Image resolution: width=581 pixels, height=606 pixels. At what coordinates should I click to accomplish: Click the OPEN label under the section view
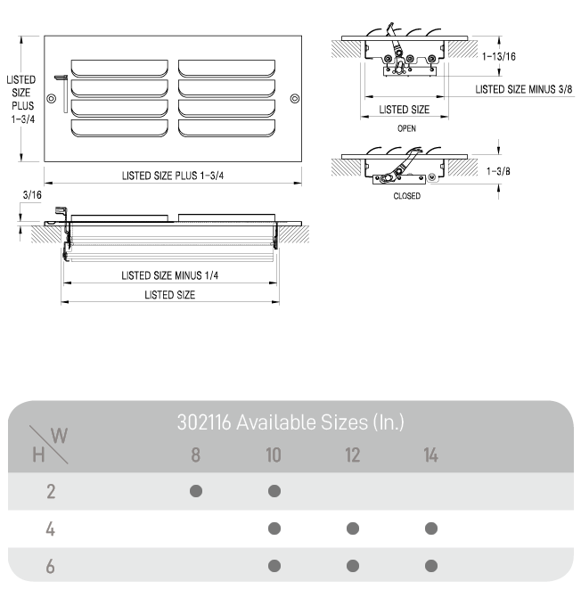(406, 128)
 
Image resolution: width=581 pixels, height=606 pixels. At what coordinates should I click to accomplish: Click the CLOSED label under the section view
(406, 196)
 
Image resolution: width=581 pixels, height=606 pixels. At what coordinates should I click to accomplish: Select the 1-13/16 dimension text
(499, 56)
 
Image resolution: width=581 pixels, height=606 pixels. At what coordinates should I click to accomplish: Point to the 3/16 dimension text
(31, 193)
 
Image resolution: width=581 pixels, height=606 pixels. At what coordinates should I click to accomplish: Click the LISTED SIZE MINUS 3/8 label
(523, 89)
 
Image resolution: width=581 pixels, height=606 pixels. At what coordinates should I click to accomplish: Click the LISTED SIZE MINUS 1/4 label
(169, 275)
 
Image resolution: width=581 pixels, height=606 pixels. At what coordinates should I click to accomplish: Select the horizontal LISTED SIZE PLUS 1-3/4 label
(173, 176)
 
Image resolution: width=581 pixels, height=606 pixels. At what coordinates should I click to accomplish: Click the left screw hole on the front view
(51, 98)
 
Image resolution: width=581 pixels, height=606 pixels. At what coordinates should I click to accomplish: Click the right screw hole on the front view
(295, 98)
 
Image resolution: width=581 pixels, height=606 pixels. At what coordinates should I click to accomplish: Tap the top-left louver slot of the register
(119, 68)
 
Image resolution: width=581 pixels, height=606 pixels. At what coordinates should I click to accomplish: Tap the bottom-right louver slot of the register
(226, 127)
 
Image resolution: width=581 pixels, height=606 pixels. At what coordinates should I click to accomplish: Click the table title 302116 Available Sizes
(290, 422)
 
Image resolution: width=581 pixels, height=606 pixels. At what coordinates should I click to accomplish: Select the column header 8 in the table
(196, 455)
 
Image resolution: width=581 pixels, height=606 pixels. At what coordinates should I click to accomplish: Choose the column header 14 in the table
(431, 455)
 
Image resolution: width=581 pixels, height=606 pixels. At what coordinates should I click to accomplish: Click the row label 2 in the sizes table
(51, 491)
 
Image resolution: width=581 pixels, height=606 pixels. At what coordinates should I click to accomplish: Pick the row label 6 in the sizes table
(51, 566)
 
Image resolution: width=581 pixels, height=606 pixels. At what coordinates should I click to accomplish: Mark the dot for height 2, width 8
(196, 491)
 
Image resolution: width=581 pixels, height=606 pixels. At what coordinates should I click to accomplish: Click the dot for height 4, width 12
(353, 528)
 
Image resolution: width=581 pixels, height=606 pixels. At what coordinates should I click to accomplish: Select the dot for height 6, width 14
(431, 566)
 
